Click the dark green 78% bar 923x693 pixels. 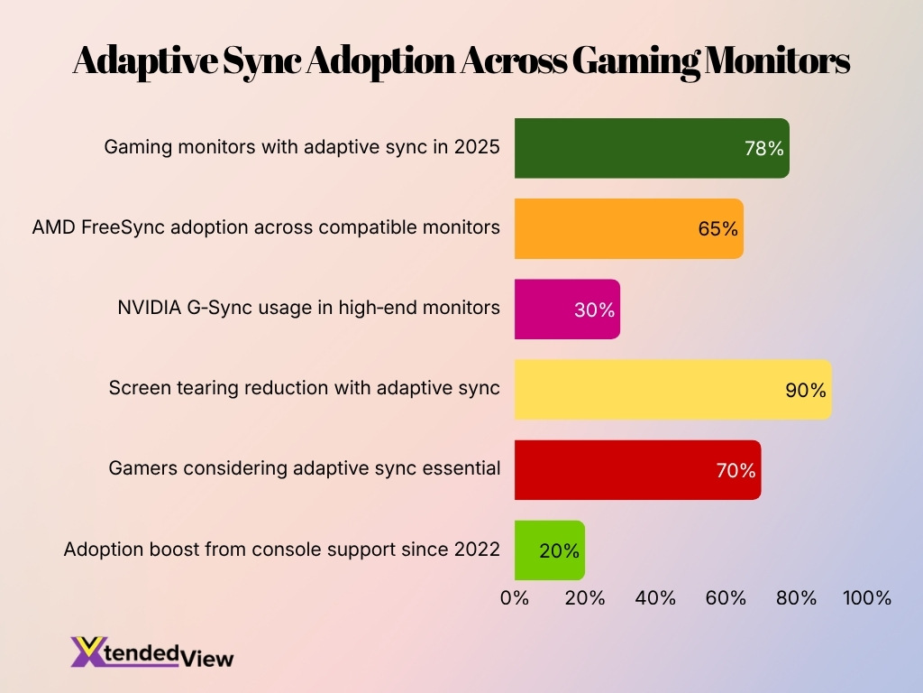[x=631, y=148]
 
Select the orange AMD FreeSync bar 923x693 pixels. [x=613, y=228]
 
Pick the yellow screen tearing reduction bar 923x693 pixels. [x=649, y=389]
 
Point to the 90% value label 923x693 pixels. [x=805, y=390]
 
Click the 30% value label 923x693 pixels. [x=594, y=310]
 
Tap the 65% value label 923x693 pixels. [x=717, y=229]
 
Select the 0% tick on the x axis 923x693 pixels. [x=515, y=597]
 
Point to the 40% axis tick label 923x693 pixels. [x=655, y=597]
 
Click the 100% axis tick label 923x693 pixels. [x=866, y=597]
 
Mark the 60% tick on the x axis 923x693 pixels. [x=726, y=597]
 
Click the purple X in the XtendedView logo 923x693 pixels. [x=87, y=651]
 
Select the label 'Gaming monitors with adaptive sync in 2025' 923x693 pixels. [x=301, y=147]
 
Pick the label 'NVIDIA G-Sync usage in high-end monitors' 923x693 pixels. [x=308, y=308]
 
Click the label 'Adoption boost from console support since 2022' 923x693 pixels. [x=281, y=549]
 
